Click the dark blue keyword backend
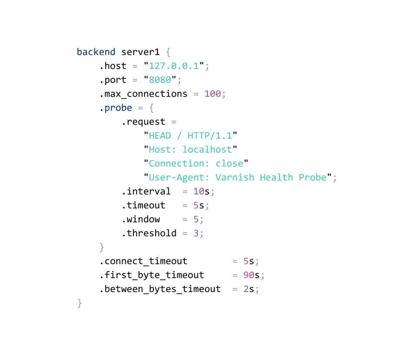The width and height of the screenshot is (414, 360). (x=96, y=52)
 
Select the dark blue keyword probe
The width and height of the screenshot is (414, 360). (x=118, y=108)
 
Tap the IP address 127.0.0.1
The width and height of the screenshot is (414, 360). (x=174, y=66)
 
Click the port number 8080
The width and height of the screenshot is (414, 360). (x=160, y=80)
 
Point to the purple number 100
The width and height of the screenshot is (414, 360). (x=212, y=94)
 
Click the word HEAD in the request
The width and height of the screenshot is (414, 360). (x=160, y=136)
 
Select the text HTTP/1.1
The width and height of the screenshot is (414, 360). (x=210, y=136)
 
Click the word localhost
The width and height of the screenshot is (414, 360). (x=207, y=150)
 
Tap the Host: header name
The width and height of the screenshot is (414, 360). (x=162, y=150)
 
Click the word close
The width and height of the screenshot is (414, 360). (x=229, y=164)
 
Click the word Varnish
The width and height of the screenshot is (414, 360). (x=234, y=178)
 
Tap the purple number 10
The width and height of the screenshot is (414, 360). (x=199, y=192)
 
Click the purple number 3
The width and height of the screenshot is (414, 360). (x=196, y=233)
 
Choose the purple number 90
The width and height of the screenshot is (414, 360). (x=249, y=275)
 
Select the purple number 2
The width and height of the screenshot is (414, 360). (x=246, y=289)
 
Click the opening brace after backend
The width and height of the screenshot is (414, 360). (x=168, y=52)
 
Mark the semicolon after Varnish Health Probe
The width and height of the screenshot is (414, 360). (x=334, y=178)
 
